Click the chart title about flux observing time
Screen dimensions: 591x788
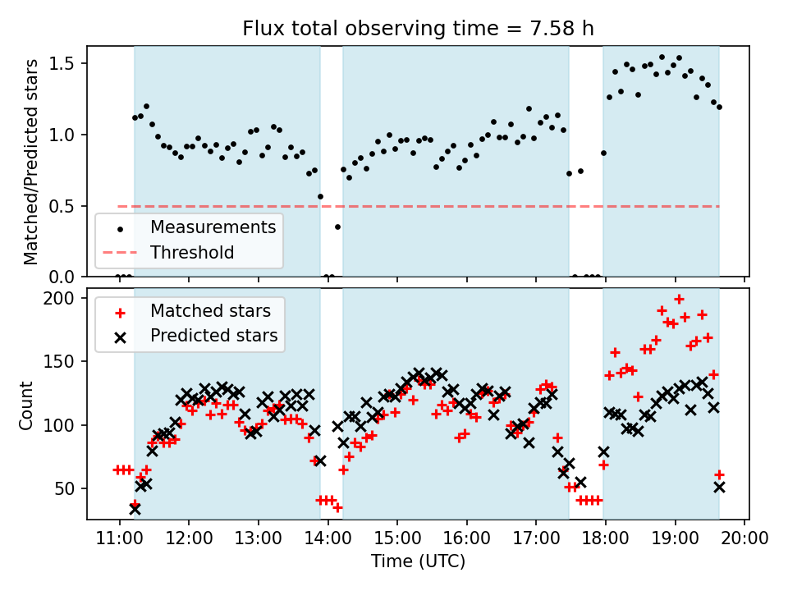click(418, 29)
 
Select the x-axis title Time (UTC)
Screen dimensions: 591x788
click(418, 562)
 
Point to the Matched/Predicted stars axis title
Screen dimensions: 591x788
click(31, 162)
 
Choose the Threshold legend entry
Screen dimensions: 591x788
click(192, 253)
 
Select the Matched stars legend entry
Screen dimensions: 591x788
click(210, 311)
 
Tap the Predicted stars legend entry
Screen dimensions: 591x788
click(213, 336)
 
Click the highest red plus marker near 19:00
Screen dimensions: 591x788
click(679, 299)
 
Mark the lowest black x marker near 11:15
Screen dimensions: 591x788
click(135, 509)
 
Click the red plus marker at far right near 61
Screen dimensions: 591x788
click(719, 474)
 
